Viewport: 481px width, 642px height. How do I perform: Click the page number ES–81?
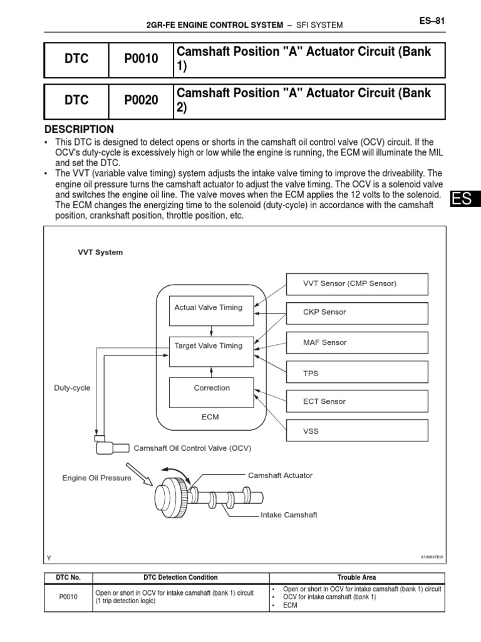coord(431,21)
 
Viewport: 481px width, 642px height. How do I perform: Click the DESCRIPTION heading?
coord(79,129)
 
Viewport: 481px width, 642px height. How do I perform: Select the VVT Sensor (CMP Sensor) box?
coord(357,283)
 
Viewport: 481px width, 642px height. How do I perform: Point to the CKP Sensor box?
coord(357,312)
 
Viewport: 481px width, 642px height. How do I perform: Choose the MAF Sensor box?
coord(357,342)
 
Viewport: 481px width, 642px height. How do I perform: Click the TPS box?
coord(357,372)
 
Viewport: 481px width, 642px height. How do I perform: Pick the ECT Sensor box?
coord(357,401)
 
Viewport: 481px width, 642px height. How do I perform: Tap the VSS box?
coord(357,431)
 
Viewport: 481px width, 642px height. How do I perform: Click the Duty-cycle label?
coord(72,388)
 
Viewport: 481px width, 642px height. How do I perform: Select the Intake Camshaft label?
coord(289,515)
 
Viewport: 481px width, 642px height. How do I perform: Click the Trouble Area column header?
coord(356,577)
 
